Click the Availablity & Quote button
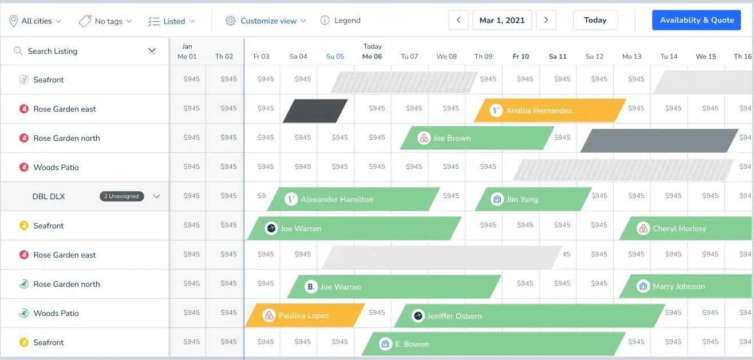coord(696,20)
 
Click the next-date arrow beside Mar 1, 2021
coord(546,20)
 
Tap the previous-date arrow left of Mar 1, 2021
coord(458,20)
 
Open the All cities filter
coord(35,21)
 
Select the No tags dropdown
coord(105,21)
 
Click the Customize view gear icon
coord(230,21)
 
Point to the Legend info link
coord(340,20)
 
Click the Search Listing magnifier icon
coord(18,51)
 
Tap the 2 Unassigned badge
coord(121,196)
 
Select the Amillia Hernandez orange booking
coord(550,110)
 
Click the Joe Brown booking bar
coord(477,138)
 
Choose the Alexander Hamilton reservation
coord(353,199)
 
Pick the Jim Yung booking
coord(533,199)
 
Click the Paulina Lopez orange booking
coord(305,315)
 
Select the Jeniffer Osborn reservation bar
coord(530,316)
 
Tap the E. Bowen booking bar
coord(494,344)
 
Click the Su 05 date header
coord(335,57)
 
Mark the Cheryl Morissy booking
coord(686,228)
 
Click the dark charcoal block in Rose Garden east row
coord(315,110)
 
